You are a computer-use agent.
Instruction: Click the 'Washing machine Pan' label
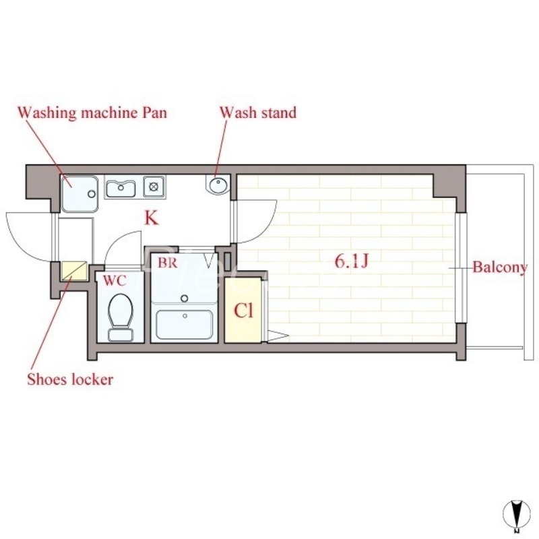tap(92, 112)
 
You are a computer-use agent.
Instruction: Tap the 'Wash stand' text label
tap(258, 112)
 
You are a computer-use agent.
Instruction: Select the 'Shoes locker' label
tap(69, 379)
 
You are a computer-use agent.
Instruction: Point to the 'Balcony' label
tap(499, 267)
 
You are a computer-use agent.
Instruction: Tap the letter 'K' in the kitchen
tap(151, 218)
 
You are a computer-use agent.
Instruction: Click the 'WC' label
tap(114, 279)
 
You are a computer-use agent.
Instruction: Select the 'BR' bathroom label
tap(167, 263)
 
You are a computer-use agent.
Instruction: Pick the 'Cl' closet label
tap(243, 311)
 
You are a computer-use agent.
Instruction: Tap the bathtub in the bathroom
tap(184, 322)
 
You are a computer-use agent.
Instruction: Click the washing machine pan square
tap(80, 193)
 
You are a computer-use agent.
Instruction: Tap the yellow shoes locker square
tap(75, 271)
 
